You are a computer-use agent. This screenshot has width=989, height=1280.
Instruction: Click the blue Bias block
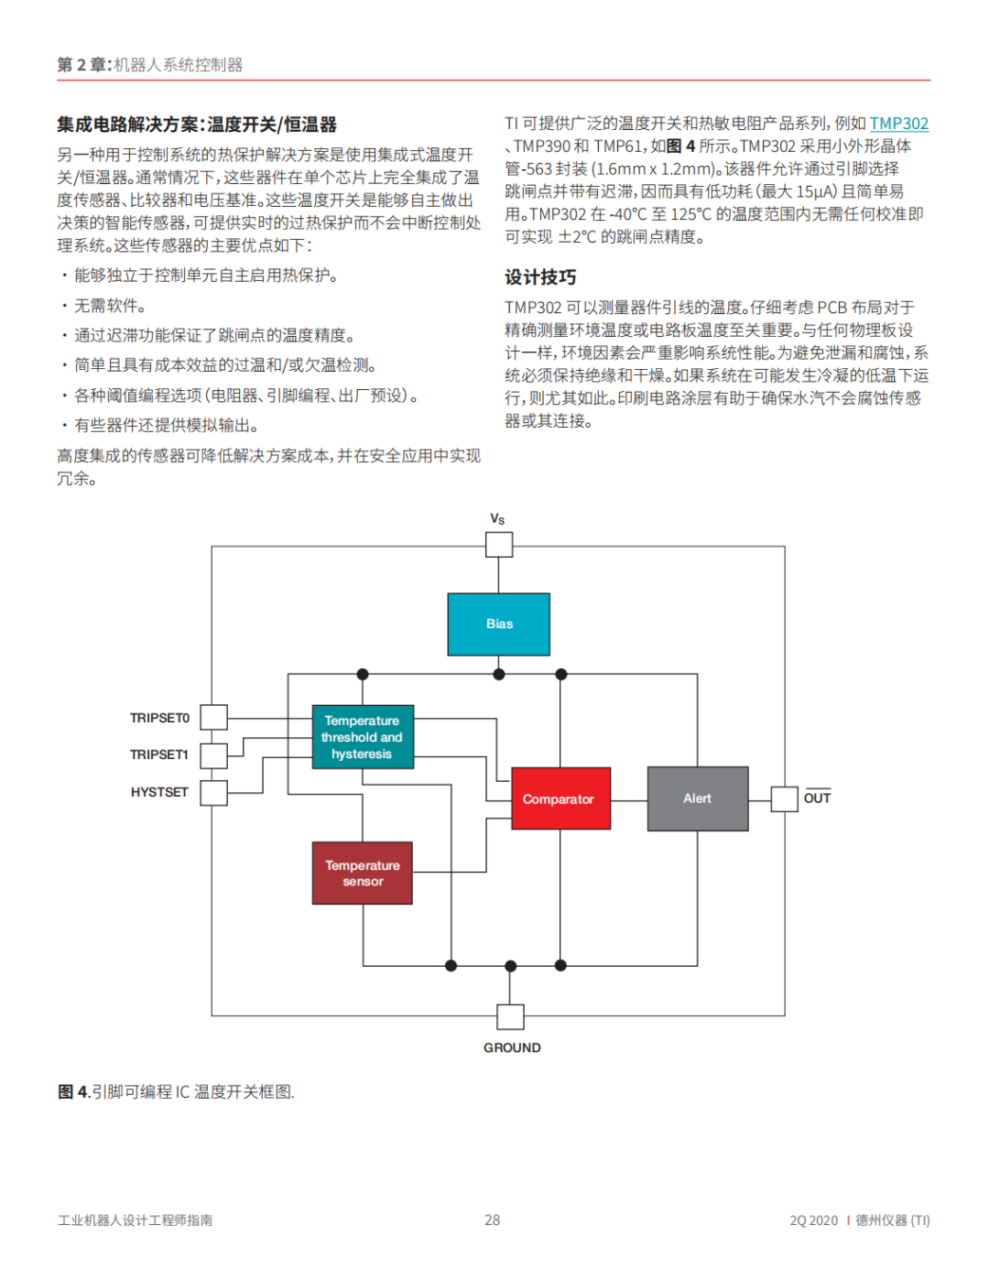(498, 624)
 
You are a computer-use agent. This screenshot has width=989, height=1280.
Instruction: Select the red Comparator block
(560, 798)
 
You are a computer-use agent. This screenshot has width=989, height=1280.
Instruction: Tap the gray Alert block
(698, 798)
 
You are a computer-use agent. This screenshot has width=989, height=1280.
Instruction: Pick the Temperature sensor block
(363, 873)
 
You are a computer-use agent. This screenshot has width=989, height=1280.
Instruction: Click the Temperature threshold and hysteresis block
(363, 737)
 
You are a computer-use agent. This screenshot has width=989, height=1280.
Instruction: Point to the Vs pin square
(498, 545)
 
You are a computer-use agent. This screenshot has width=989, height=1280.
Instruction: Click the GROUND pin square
(510, 1016)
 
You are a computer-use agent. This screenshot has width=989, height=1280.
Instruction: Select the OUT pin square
(784, 798)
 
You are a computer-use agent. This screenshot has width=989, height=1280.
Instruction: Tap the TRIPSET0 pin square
(213, 717)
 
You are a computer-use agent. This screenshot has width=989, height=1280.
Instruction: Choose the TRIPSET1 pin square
(213, 755)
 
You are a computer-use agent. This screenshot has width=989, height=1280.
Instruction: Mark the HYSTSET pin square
(213, 792)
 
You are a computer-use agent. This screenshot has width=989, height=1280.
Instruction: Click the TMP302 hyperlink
(898, 124)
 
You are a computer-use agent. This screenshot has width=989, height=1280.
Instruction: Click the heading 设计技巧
(540, 277)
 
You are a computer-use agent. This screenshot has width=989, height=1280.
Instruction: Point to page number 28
(493, 1220)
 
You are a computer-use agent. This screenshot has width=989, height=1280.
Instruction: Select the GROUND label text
(512, 1047)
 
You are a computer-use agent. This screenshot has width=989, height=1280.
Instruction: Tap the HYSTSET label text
(159, 792)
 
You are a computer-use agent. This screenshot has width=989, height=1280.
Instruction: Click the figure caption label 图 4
(73, 1091)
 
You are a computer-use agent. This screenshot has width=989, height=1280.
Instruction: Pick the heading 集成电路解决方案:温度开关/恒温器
(197, 125)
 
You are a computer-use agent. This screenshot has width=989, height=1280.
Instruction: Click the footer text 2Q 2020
(813, 1220)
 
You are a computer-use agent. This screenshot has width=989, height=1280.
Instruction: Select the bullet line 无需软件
(109, 306)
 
